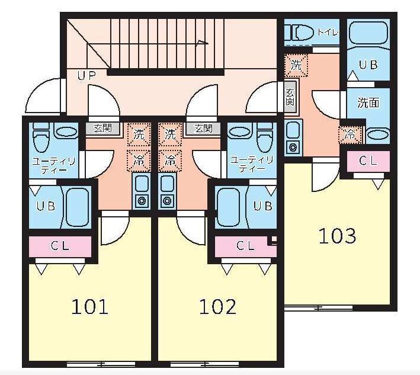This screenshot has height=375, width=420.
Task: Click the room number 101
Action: pyautogui.click(x=89, y=307)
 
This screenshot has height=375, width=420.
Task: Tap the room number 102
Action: pyautogui.click(x=217, y=307)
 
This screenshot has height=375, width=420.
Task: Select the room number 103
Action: pyautogui.click(x=338, y=236)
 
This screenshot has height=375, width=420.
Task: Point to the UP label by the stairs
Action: pyautogui.click(x=86, y=76)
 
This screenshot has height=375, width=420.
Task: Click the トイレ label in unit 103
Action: pyautogui.click(x=328, y=33)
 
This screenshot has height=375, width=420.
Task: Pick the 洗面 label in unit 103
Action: pyautogui.click(x=368, y=102)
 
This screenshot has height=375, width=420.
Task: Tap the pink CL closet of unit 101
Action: pyautogui.click(x=60, y=246)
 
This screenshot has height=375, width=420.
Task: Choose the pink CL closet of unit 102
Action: pyautogui.click(x=246, y=246)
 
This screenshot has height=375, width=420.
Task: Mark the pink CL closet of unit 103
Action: pyautogui.click(x=368, y=161)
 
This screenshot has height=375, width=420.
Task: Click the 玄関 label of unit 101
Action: pyautogui.click(x=102, y=129)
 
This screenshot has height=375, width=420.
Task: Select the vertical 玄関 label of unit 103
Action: pyautogui.click(x=290, y=97)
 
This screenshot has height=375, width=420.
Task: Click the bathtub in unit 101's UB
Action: pyautogui.click(x=77, y=207)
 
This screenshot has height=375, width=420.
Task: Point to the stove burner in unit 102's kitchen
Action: pyautogui.click(x=166, y=200)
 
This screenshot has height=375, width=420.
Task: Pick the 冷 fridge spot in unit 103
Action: pyautogui.click(x=350, y=134)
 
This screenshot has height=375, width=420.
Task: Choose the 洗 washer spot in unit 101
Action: pyautogui.click(x=139, y=134)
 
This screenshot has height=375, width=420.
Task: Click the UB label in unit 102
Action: pyautogui.click(x=262, y=206)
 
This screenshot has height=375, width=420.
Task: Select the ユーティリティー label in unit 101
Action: pyautogui.click(x=53, y=165)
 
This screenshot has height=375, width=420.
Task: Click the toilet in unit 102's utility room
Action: pyautogui.click(x=265, y=137)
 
